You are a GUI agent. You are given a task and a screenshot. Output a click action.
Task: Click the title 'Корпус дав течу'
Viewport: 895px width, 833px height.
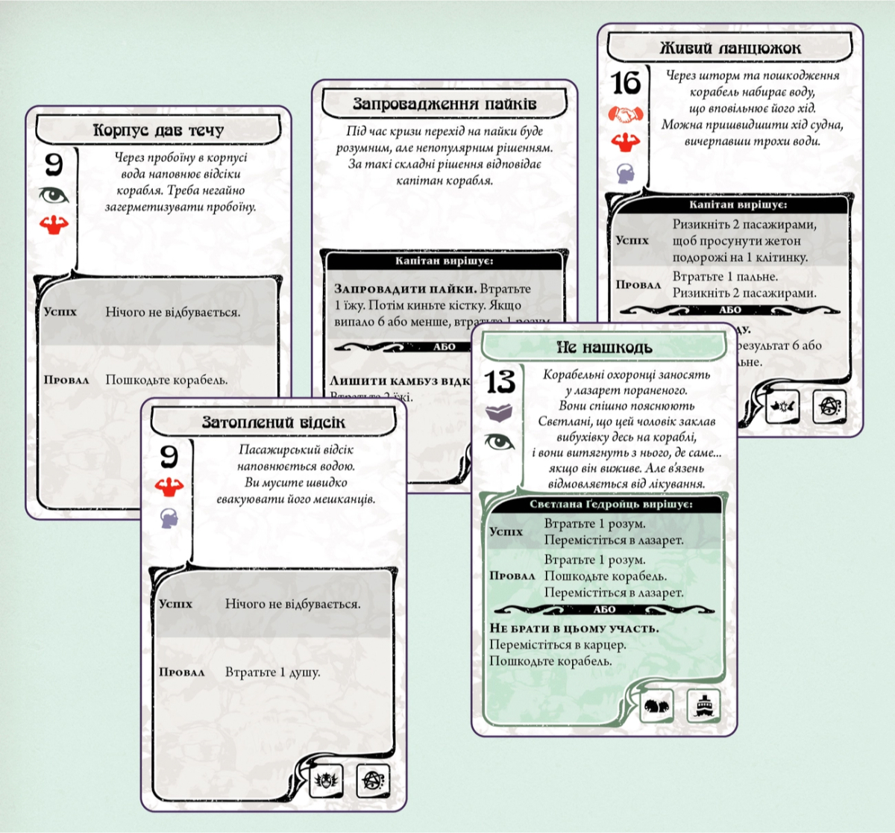click(158, 131)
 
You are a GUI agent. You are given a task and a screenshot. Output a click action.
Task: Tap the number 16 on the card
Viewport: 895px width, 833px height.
click(626, 83)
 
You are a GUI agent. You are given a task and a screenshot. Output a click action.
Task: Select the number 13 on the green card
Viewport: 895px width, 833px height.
click(500, 382)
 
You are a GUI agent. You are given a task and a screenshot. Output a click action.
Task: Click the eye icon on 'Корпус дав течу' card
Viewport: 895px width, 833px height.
click(54, 196)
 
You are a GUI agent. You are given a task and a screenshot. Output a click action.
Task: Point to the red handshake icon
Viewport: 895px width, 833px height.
click(626, 114)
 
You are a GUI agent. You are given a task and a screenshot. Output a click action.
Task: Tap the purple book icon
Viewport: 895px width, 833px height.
click(499, 412)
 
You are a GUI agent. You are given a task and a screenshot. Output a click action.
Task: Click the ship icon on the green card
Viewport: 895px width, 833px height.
click(703, 705)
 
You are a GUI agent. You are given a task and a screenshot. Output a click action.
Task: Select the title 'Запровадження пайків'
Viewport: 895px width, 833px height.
click(445, 104)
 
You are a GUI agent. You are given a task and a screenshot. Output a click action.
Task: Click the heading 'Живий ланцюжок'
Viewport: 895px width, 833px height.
click(729, 49)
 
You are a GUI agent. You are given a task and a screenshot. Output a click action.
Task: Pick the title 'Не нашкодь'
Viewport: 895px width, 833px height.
click(604, 347)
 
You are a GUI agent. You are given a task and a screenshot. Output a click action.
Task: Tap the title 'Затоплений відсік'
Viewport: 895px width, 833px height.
click(274, 422)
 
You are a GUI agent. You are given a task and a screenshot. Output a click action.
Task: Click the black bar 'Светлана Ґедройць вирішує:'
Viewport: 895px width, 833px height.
click(610, 505)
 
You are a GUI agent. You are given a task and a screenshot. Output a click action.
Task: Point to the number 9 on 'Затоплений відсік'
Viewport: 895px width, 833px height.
click(169, 455)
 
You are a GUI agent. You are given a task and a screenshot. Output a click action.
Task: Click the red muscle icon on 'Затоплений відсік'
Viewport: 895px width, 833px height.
click(169, 487)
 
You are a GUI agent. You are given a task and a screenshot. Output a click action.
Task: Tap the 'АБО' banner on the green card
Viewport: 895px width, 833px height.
click(604, 610)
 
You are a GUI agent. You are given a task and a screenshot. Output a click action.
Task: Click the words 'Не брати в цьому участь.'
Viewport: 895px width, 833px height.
click(574, 628)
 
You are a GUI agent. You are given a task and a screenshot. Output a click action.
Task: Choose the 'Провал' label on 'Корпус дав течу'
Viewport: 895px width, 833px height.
click(66, 380)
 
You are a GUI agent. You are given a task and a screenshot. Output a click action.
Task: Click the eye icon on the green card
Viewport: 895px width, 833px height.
click(499, 442)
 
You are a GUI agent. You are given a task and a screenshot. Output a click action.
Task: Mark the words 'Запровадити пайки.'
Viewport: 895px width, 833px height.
click(405, 289)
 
